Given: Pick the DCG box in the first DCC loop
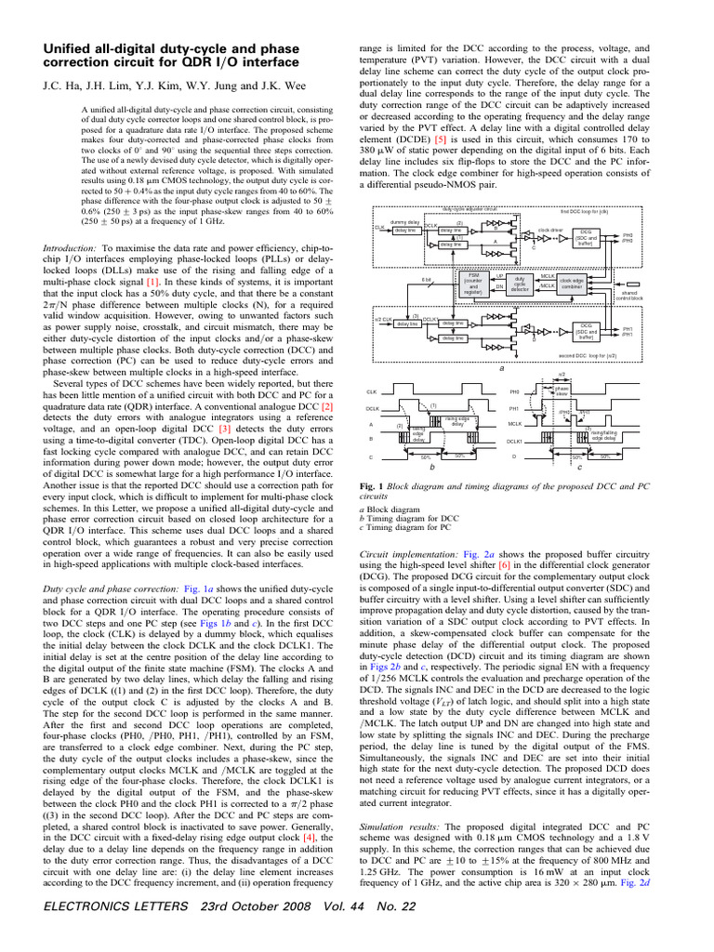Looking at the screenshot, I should point(586,238).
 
